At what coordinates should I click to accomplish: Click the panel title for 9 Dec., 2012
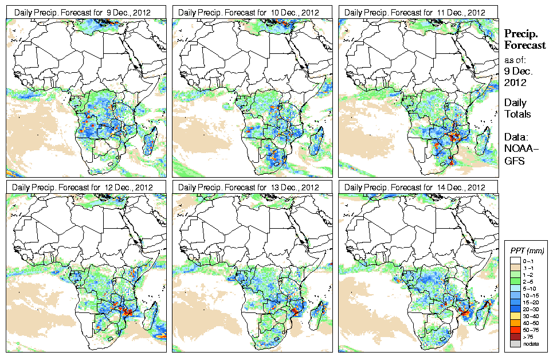coord(83,12)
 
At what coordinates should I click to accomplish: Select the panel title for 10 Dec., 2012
coord(249,12)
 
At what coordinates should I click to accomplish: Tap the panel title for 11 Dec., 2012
coord(415,12)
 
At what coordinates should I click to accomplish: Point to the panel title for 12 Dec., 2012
coord(83,187)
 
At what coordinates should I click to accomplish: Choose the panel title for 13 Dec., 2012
coord(249,187)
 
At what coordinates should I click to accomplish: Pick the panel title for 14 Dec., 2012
coord(415,187)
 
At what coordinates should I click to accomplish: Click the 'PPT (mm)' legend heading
coord(527,251)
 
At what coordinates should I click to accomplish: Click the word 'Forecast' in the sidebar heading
coord(525,45)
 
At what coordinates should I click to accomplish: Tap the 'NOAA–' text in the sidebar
coord(521,150)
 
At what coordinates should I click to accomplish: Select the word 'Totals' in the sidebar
coord(517,114)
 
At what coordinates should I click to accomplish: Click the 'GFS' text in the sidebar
coord(515,162)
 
